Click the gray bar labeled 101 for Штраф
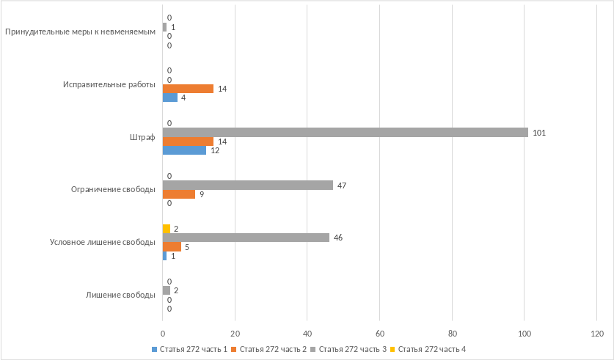(x=345, y=133)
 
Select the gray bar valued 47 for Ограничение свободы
(x=247, y=185)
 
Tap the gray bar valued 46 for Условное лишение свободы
(x=245, y=238)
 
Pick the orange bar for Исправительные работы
(x=188, y=89)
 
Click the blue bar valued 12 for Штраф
(x=184, y=150)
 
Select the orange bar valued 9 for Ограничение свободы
(x=178, y=194)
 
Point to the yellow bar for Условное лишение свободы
(x=167, y=229)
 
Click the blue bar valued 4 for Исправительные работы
(x=169, y=98)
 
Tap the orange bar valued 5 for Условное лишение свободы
(x=172, y=247)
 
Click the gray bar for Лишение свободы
(x=167, y=290)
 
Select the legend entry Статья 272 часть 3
(x=349, y=348)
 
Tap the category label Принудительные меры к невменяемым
(x=80, y=32)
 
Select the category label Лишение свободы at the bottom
(x=120, y=295)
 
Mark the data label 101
(x=539, y=133)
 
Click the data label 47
(x=342, y=185)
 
